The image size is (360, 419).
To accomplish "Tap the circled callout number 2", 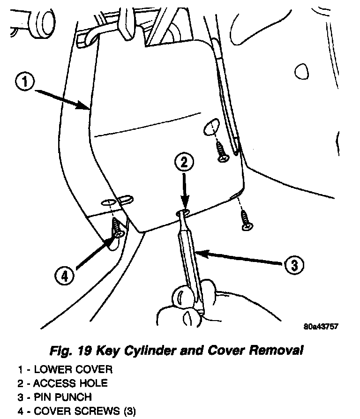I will pyautogui.click(x=184, y=163).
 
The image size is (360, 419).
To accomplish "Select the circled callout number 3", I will pyautogui.click(x=293, y=265).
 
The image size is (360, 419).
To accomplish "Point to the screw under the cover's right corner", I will pyautogui.click(x=246, y=221).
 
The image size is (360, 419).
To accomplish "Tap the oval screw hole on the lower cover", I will pyautogui.click(x=212, y=126).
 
